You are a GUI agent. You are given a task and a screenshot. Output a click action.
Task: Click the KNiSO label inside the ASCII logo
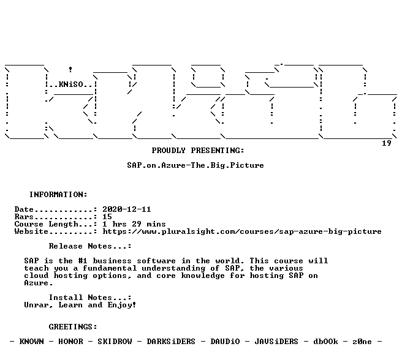(x=70, y=84)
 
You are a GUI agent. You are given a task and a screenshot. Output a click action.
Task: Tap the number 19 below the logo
(x=387, y=143)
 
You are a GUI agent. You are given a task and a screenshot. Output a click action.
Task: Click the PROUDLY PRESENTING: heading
(x=198, y=151)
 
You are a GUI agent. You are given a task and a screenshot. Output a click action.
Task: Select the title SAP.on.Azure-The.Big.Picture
(x=195, y=165)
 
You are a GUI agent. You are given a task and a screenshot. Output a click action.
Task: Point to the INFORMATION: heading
(x=58, y=195)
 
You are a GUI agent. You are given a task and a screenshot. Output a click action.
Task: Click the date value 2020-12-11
(x=127, y=209)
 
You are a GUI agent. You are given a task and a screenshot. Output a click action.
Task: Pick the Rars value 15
(x=107, y=217)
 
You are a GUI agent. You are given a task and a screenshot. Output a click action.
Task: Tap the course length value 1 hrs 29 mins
(x=134, y=224)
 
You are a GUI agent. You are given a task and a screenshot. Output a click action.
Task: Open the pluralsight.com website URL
(x=242, y=231)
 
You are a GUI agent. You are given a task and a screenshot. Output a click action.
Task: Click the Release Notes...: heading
(x=90, y=246)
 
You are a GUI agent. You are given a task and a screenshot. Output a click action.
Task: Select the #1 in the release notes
(x=83, y=261)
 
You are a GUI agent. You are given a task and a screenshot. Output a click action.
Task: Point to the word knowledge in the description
(x=203, y=276)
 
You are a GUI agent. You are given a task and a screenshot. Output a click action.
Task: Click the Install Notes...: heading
(x=90, y=298)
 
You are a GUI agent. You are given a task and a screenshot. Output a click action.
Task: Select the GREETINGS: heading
(x=73, y=327)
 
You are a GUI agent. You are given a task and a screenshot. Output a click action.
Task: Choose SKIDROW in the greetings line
(x=115, y=342)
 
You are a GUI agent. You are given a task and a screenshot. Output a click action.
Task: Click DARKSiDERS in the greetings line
(x=171, y=342)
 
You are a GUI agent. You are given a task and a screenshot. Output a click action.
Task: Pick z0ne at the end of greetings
(x=362, y=342)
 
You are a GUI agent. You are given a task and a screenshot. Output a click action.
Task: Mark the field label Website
(x=31, y=231)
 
